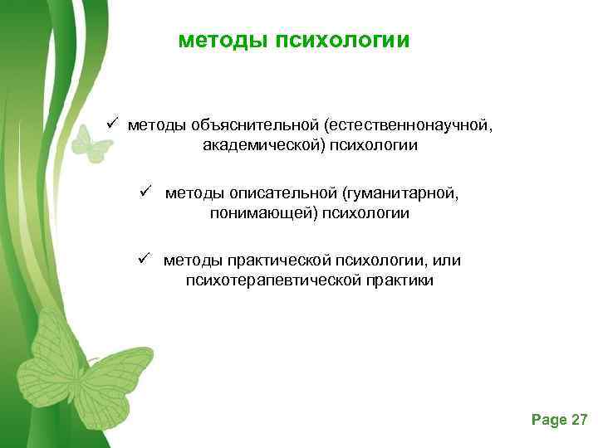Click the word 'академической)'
(x=252, y=145)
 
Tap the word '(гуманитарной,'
(x=406, y=193)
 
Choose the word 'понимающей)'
(x=254, y=213)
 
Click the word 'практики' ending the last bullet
(x=397, y=281)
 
